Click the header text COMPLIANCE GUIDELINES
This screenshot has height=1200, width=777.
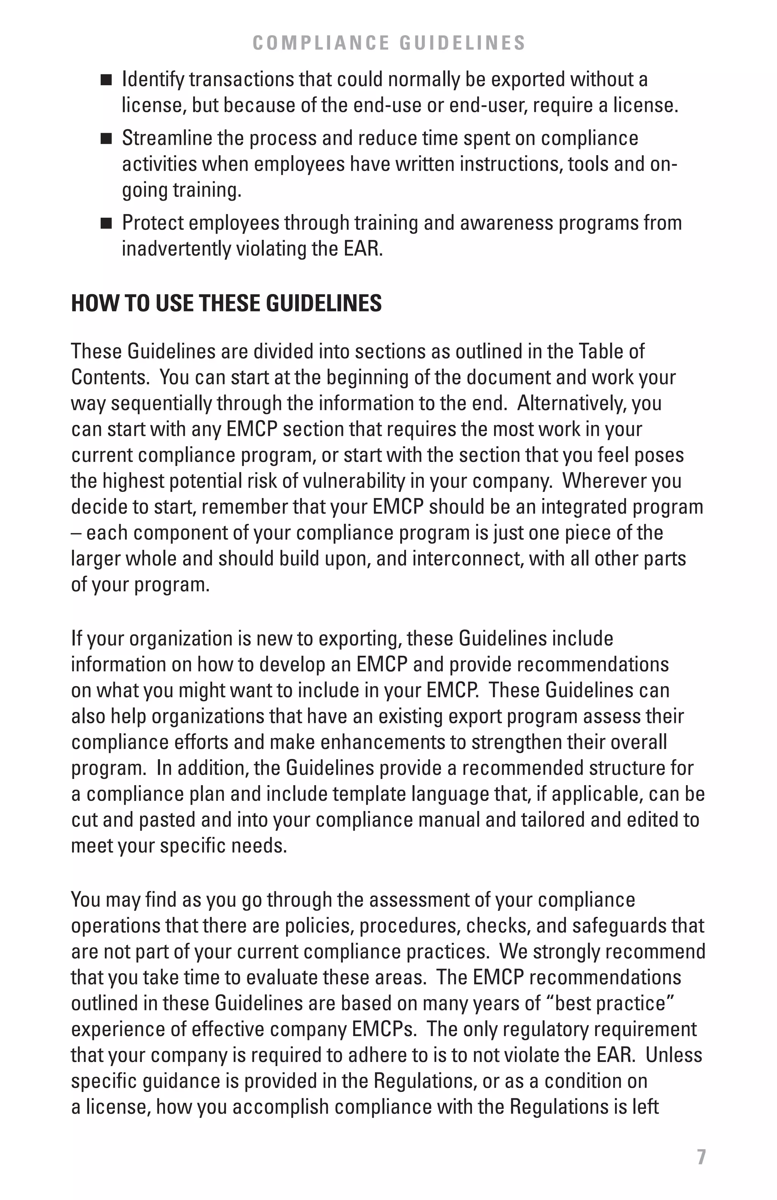click(389, 43)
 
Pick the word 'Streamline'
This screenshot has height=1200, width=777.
click(165, 138)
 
